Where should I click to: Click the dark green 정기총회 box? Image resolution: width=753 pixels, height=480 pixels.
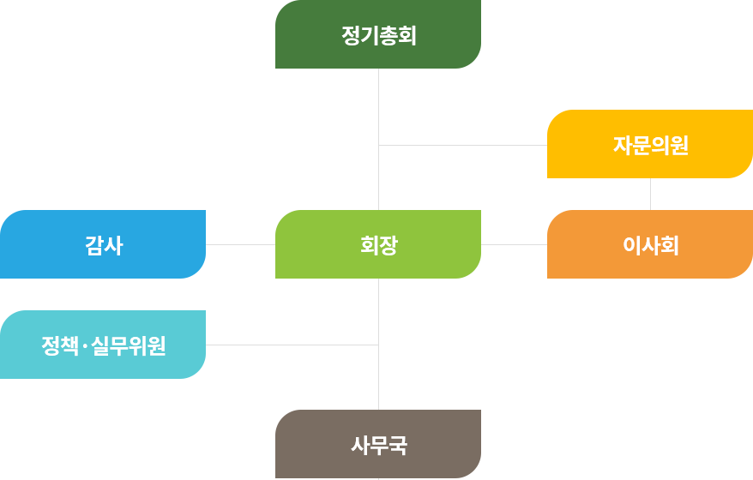point(377,34)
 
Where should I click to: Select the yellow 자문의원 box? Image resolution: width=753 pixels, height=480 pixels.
point(649,143)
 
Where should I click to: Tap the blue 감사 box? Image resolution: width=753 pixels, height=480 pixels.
point(103,243)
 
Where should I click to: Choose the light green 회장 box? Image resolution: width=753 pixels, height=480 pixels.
point(377,243)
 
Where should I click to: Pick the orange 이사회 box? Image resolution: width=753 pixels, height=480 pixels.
point(649,243)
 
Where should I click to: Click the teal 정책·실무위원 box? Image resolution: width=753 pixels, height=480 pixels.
point(103,344)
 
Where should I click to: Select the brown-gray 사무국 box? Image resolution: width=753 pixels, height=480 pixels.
point(377,443)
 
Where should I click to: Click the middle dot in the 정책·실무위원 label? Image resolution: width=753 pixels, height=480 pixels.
point(85,346)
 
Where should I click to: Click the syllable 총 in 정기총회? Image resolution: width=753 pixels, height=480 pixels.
point(388,36)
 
